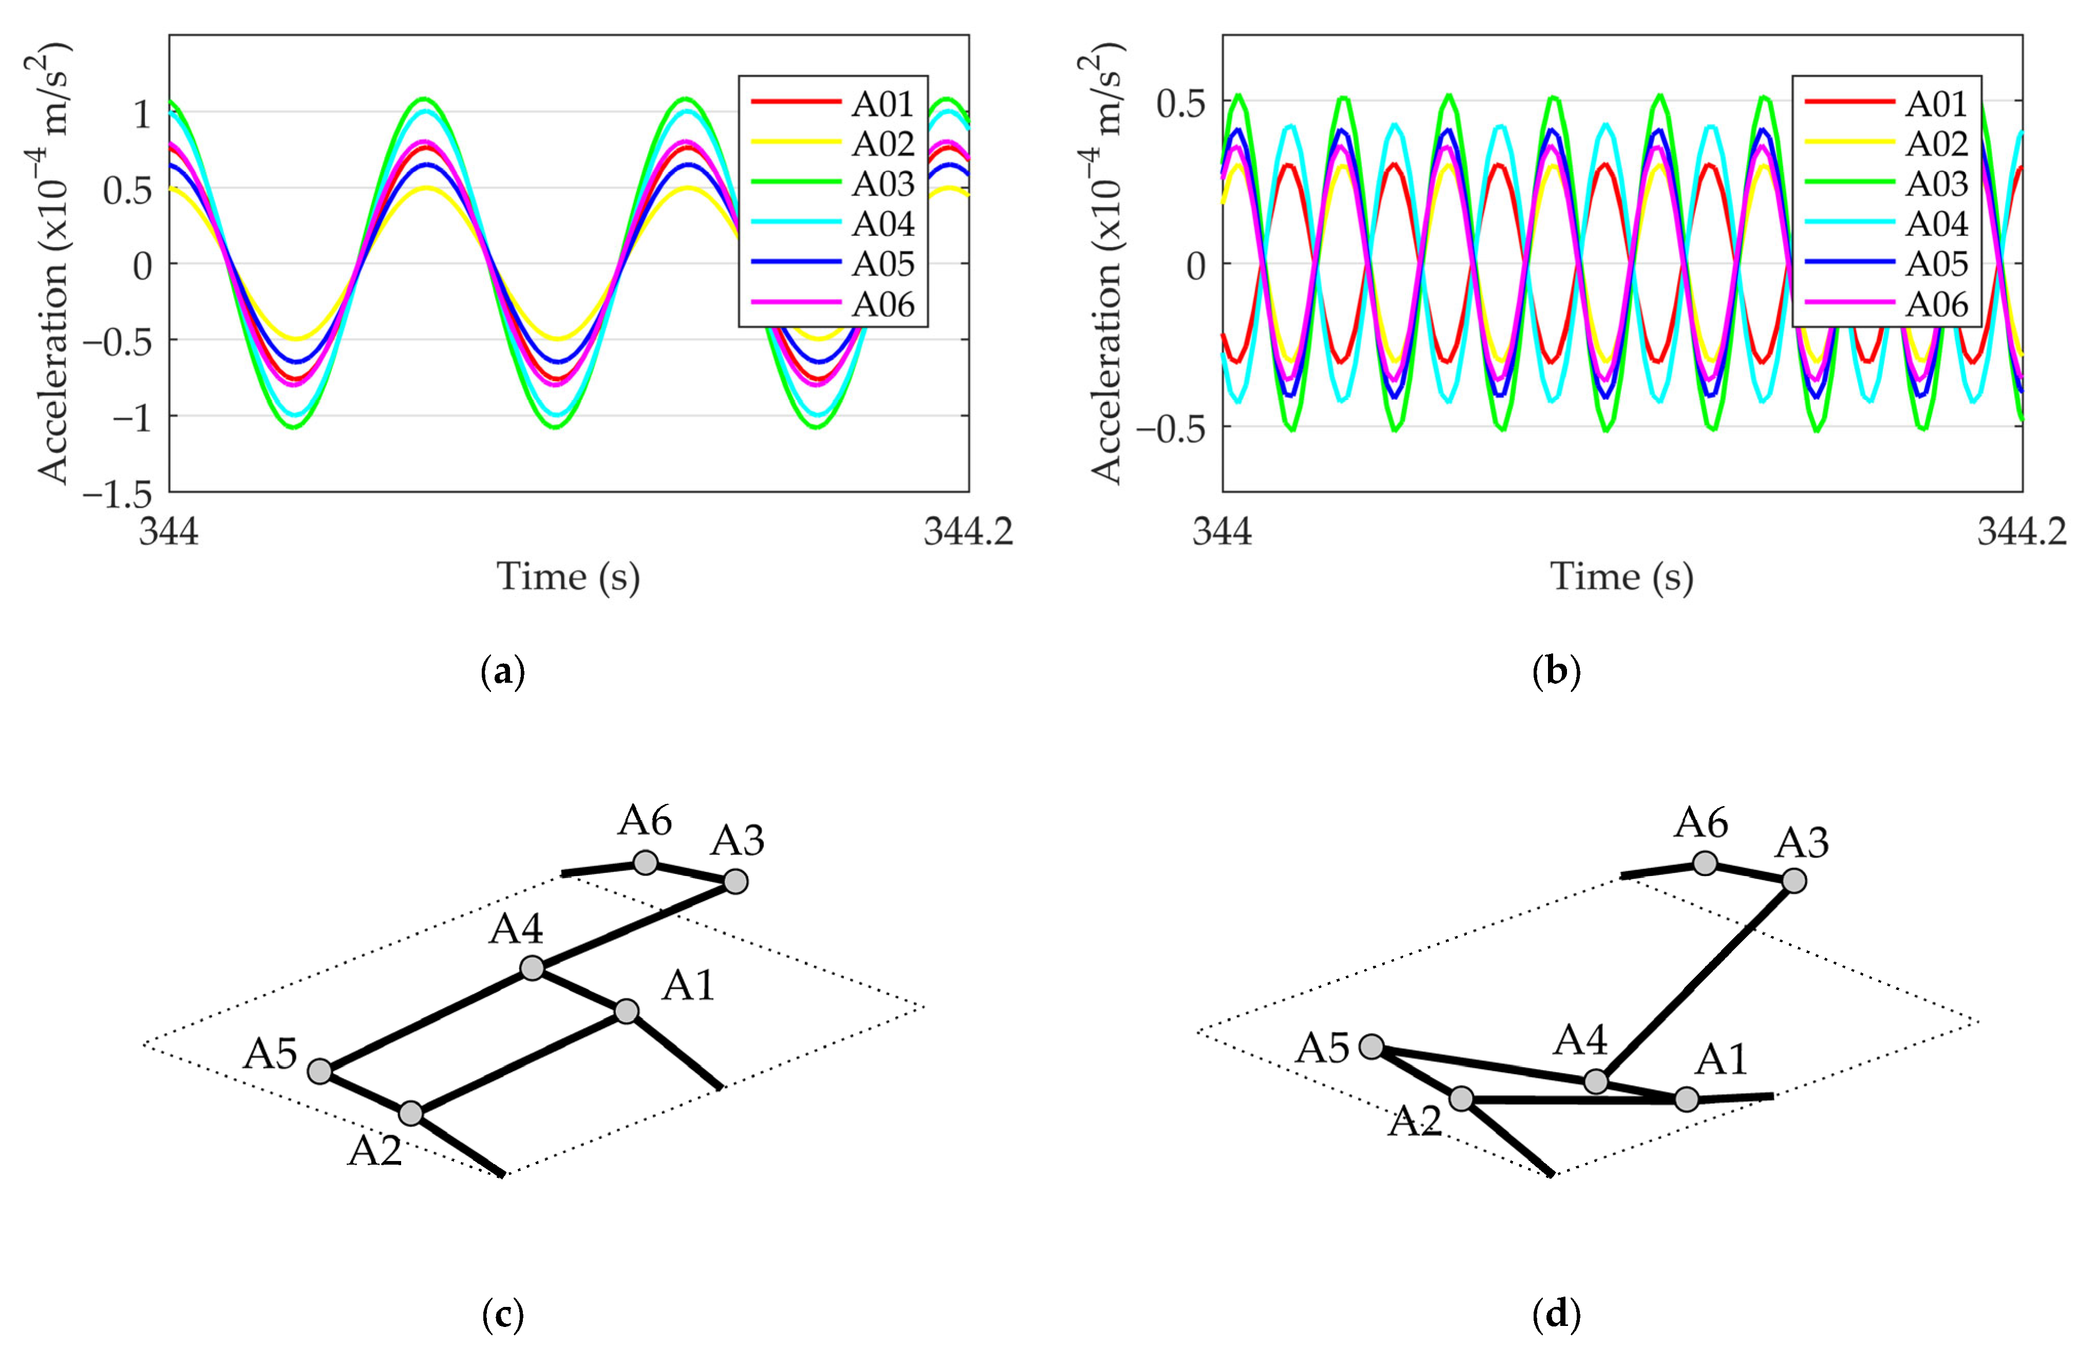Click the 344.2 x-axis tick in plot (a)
pos(968,531)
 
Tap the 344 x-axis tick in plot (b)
pos(1222,531)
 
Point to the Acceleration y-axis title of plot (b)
pos(1106,262)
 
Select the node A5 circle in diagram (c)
pos(320,1071)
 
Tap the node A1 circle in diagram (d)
pos(1687,1098)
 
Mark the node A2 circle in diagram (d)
pos(1461,1098)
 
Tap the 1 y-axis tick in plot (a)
pos(143,113)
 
